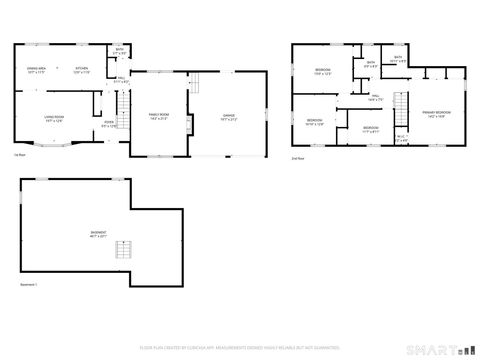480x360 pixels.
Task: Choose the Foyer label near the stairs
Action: (109, 125)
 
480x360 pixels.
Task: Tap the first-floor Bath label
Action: (119, 50)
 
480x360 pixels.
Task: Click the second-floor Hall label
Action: (375, 97)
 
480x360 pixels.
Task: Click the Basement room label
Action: (98, 235)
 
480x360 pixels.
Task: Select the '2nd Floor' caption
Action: (297, 158)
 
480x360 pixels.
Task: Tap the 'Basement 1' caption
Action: (29, 285)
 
